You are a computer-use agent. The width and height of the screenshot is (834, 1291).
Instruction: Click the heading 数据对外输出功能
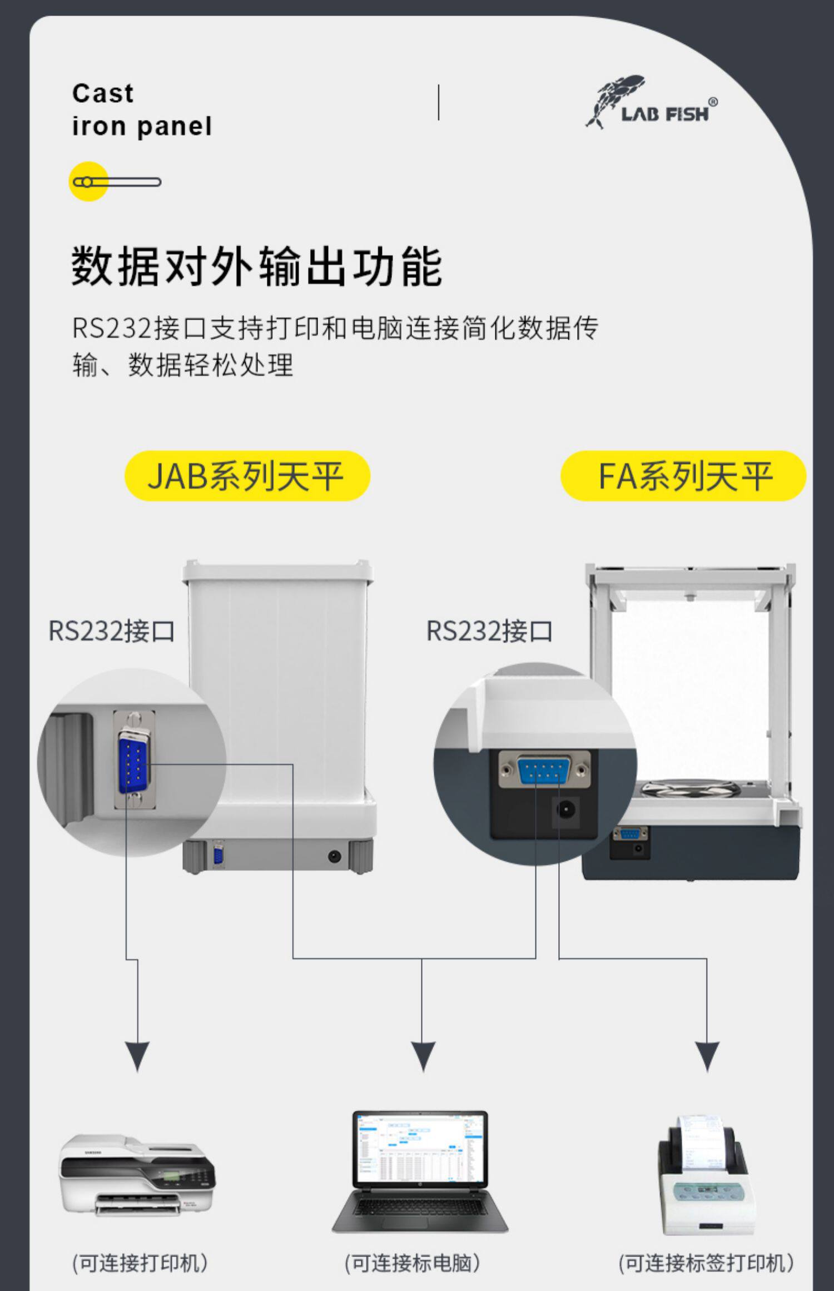point(256,267)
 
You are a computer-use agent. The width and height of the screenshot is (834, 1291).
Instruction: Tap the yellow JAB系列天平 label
point(247,476)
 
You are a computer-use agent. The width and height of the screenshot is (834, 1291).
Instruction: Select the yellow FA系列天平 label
point(683,476)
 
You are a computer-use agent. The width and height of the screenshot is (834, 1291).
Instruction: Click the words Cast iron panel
point(142,110)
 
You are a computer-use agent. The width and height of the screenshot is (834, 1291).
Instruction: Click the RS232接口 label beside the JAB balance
point(112,631)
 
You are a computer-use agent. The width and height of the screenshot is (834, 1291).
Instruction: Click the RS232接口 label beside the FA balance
point(489,631)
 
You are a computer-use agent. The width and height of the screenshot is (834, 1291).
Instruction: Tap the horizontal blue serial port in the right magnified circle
point(544,770)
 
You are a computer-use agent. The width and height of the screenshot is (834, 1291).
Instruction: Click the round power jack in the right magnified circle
point(566,809)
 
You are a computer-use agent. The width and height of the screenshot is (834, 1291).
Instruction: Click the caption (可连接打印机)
point(140,1263)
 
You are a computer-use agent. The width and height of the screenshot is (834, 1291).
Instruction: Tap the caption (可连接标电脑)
point(412,1263)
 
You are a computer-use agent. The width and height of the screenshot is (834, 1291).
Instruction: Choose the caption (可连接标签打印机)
point(706,1263)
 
